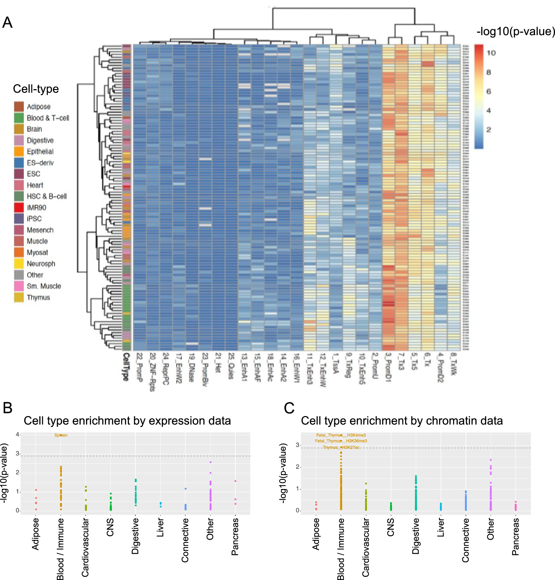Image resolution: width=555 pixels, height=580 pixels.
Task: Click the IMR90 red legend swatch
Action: click(x=19, y=207)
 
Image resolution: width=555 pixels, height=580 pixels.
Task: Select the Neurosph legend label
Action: click(x=41, y=264)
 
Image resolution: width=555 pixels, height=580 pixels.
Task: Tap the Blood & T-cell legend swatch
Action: click(x=19, y=118)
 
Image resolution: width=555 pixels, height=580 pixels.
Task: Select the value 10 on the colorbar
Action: click(x=491, y=53)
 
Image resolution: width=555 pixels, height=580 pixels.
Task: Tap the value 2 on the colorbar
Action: click(x=488, y=130)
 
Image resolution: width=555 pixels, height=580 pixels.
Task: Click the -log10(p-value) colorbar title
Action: click(x=516, y=31)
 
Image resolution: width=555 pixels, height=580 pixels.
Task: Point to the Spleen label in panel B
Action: click(x=61, y=435)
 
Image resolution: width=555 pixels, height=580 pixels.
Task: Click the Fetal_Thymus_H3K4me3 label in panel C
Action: click(x=341, y=435)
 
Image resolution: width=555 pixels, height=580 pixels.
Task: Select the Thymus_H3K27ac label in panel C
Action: click(x=341, y=447)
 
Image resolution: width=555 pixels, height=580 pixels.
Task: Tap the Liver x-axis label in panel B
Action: click(x=160, y=527)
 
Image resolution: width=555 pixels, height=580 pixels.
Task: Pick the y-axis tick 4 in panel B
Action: click(x=17, y=434)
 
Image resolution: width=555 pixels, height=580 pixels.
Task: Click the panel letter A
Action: click(x=7, y=23)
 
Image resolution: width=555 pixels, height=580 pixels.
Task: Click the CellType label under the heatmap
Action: click(x=126, y=367)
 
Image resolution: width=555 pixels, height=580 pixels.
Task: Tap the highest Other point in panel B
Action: click(x=210, y=462)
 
